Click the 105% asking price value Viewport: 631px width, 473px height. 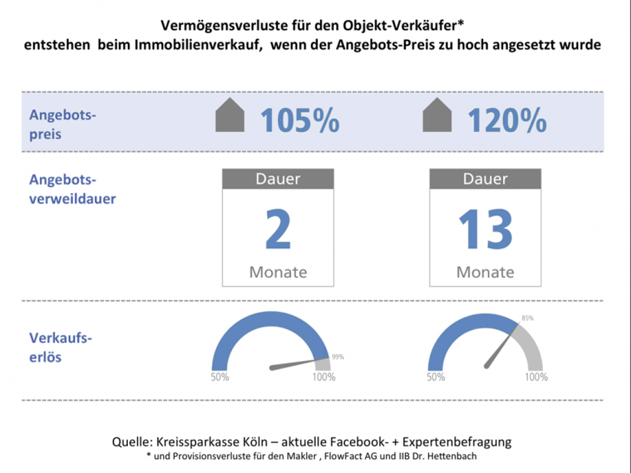[300, 121]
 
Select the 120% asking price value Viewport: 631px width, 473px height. [507, 121]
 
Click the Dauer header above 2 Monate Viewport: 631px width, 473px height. [278, 179]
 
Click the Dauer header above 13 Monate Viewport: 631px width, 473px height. [485, 179]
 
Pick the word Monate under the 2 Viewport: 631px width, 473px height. [278, 272]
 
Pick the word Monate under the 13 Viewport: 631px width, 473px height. [485, 272]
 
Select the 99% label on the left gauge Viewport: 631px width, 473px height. [337, 357]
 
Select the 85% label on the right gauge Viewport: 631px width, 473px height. [527, 318]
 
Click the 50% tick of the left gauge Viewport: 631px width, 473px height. [220, 377]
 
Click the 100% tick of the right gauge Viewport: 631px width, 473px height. [536, 377]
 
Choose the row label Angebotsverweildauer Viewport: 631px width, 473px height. [72, 189]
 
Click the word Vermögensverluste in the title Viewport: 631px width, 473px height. [216, 27]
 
